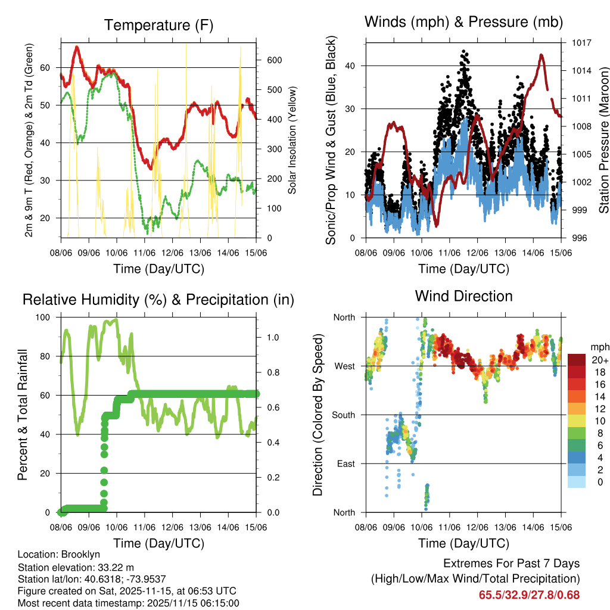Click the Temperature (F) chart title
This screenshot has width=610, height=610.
pyautogui.click(x=158, y=25)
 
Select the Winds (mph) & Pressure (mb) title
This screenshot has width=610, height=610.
pyautogui.click(x=463, y=22)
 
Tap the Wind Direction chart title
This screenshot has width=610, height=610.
pyautogui.click(x=463, y=295)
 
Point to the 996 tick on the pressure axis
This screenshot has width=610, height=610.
pyautogui.click(x=580, y=238)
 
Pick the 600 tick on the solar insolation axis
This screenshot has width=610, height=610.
pyautogui.click(x=274, y=61)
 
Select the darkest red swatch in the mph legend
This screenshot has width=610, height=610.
pyautogui.click(x=577, y=360)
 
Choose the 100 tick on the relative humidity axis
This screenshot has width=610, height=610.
pyautogui.click(x=44, y=318)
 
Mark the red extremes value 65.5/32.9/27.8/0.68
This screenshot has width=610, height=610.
pyautogui.click(x=529, y=595)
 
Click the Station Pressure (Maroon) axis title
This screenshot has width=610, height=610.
pyautogui.click(x=604, y=141)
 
